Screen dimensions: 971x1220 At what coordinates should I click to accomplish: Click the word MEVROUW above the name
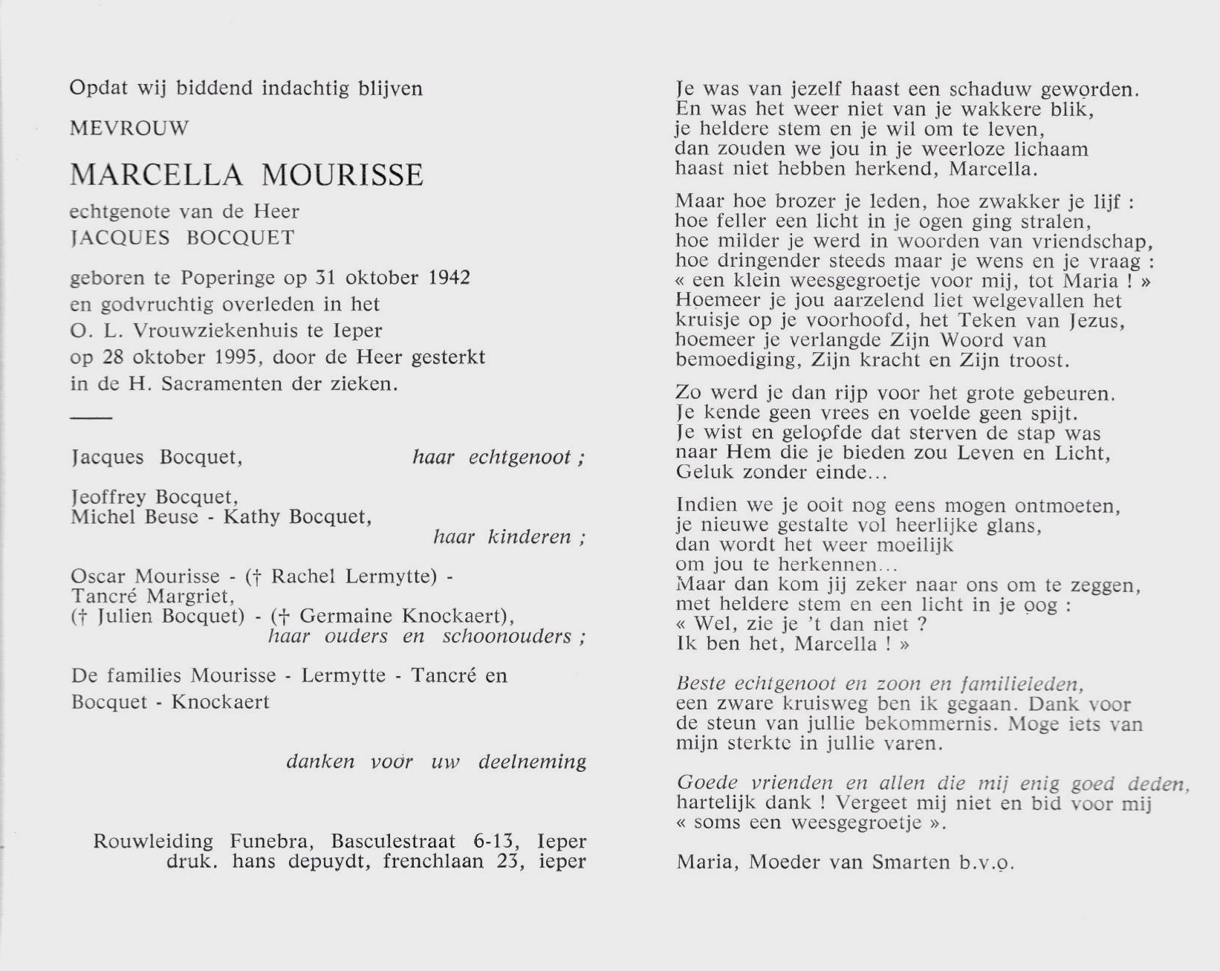click(x=129, y=129)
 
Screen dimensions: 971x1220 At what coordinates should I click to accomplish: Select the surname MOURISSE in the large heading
click(x=343, y=175)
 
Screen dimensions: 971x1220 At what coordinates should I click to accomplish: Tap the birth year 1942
click(x=449, y=278)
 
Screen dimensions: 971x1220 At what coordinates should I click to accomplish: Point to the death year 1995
click(x=233, y=357)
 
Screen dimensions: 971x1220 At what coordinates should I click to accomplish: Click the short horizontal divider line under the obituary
click(x=91, y=418)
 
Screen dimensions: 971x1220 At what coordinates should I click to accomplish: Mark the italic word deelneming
click(x=532, y=762)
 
